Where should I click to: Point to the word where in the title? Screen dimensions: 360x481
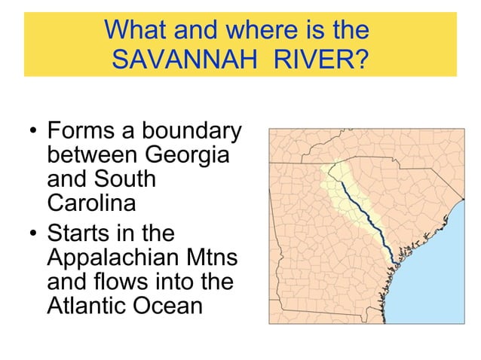click(x=229, y=30)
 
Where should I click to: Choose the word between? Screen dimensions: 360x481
click(x=88, y=157)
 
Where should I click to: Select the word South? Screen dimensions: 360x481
click(x=127, y=181)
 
